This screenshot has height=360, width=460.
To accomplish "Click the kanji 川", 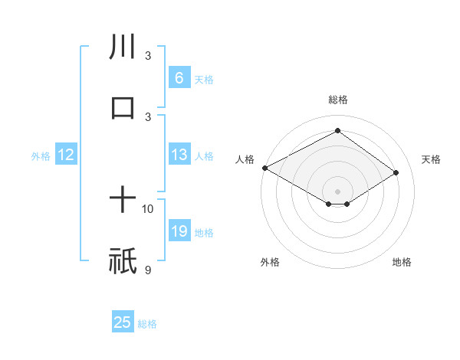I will click(123, 47).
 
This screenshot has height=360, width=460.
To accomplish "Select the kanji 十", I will click(123, 201).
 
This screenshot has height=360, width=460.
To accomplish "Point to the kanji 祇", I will click(123, 260).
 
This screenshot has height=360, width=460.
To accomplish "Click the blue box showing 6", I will click(179, 78).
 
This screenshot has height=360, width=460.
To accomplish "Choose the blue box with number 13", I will click(179, 155).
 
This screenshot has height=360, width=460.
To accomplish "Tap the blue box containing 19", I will click(179, 231).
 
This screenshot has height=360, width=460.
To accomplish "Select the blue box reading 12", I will click(65, 155).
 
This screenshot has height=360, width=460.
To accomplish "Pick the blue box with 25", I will click(123, 322).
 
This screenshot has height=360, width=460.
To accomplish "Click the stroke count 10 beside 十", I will click(148, 208).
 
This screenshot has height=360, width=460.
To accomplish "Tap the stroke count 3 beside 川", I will click(148, 56).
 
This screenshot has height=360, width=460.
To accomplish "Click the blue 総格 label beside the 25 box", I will click(147, 324).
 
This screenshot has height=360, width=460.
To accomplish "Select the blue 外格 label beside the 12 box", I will click(41, 156).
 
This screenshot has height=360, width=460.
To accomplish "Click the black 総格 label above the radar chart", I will click(338, 100).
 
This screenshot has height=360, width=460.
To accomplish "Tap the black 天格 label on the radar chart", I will click(432, 159).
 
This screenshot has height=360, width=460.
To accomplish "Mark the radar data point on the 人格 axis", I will click(264, 167).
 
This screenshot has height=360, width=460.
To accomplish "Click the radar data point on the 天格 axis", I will click(396, 173).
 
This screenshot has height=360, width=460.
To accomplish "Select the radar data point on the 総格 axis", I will click(337, 131).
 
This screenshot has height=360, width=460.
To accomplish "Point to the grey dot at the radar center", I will click(337, 191).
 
